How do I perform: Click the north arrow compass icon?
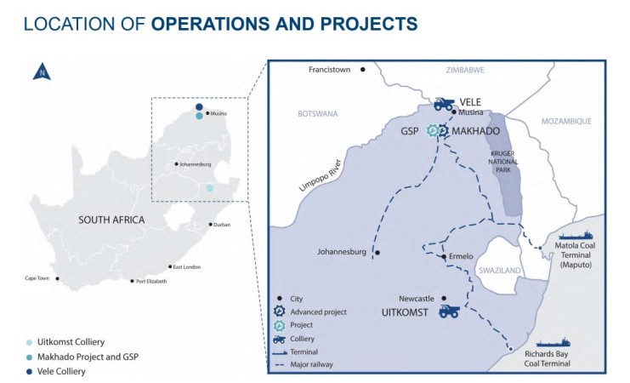(x=40, y=73)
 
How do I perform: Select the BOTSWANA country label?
(x=319, y=113)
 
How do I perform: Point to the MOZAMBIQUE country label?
(x=561, y=122)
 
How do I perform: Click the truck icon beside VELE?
(x=444, y=103)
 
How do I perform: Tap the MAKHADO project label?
(x=477, y=131)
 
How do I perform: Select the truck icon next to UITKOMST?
(x=449, y=312)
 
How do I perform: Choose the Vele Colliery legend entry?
(x=62, y=371)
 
